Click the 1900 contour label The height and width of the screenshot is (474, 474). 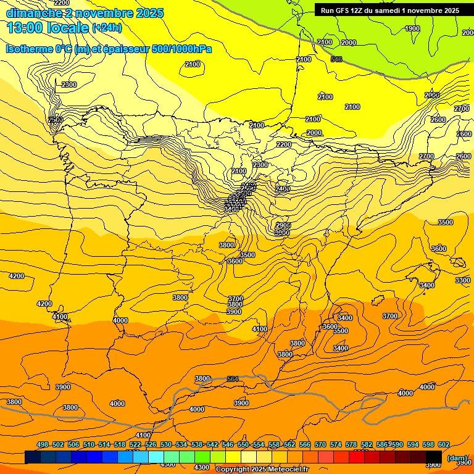pyautogui.click(x=412, y=28)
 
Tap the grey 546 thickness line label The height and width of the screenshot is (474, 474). pyautogui.click(x=336, y=59)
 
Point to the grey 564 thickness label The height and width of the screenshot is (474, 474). pyautogui.click(x=233, y=379)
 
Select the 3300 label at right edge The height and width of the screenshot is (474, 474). pyautogui.click(x=462, y=280)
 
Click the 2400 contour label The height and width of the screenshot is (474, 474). pyautogui.click(x=283, y=188)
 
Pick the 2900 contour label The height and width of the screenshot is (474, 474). pyautogui.click(x=283, y=225)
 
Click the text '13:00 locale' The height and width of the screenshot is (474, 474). pyautogui.click(x=48, y=27)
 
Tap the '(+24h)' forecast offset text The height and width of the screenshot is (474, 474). pyautogui.click(x=107, y=28)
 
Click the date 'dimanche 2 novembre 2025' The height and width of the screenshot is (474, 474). pyautogui.click(x=85, y=13)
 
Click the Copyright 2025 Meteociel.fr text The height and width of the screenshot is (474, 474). pyautogui.click(x=262, y=469)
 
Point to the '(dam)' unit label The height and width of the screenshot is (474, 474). pyautogui.click(x=457, y=457)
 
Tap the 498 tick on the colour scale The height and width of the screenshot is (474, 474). pyautogui.click(x=43, y=444)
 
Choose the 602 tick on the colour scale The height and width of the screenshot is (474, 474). pyautogui.click(x=444, y=444)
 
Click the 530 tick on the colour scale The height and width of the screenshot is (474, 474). pyautogui.click(x=166, y=444)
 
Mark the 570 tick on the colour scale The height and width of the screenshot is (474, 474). pyautogui.click(x=320, y=444)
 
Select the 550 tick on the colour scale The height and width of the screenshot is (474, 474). pyautogui.click(x=243, y=444)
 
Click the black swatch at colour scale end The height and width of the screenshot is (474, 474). pyautogui.click(x=434, y=457)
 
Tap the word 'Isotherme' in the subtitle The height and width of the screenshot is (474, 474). pyautogui.click(x=28, y=49)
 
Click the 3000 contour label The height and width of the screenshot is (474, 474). pyautogui.click(x=282, y=233)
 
